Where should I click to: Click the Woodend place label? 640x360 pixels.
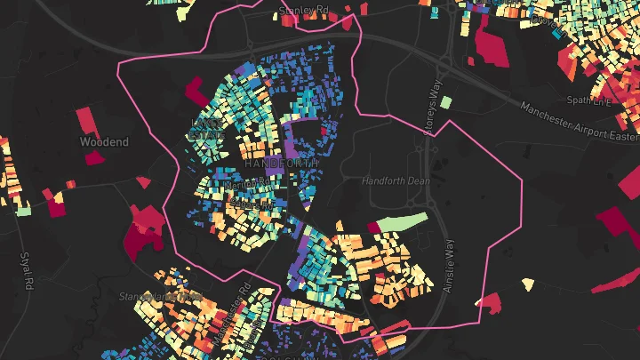click(x=104, y=141)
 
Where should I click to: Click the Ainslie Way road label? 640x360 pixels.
click(x=449, y=264)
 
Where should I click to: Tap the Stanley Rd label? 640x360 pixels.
click(x=303, y=10)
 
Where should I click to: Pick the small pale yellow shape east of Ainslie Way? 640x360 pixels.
click(x=529, y=284)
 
